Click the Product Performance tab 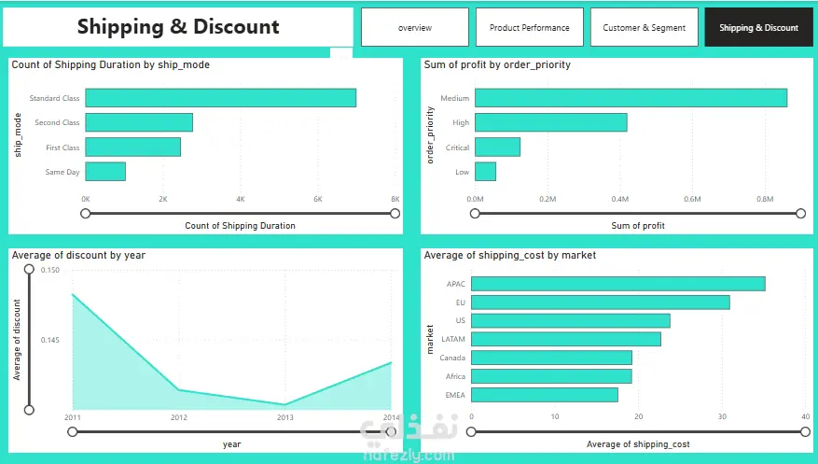(530, 27)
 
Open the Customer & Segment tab (645, 27)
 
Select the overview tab (415, 27)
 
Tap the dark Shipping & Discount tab (758, 27)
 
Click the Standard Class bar (221, 98)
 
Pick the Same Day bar (105, 172)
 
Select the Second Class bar (139, 122)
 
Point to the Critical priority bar (497, 148)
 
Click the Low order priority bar (485, 172)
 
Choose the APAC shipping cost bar (618, 284)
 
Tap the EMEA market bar (545, 395)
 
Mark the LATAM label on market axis (452, 339)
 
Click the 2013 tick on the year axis (284, 417)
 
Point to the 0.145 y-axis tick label (50, 340)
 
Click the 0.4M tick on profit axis (619, 199)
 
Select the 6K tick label (318, 199)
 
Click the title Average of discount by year (78, 255)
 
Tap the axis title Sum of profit (637, 226)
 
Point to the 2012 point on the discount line (178, 390)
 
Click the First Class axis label (62, 148)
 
